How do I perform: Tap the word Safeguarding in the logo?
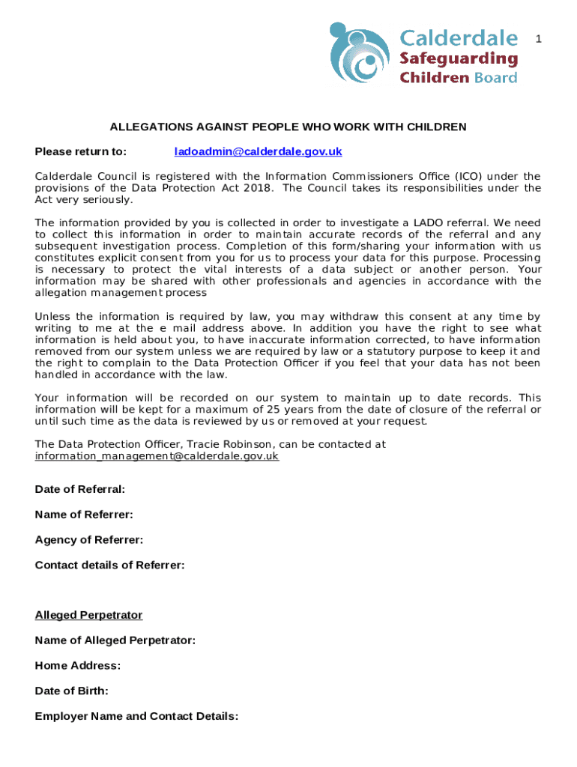tap(458, 58)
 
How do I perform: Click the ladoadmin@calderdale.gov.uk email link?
tap(258, 151)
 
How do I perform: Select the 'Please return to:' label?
tap(81, 151)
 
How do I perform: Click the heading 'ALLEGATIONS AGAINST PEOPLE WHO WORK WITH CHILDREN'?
tap(288, 127)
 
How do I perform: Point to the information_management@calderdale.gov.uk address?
tap(157, 455)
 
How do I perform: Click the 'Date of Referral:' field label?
tap(79, 489)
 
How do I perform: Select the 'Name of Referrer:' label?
tap(84, 515)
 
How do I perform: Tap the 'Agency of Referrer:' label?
tap(88, 540)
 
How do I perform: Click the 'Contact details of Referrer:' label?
tap(109, 566)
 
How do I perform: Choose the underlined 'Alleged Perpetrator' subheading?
tap(88, 615)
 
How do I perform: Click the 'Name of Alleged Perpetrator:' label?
tap(115, 640)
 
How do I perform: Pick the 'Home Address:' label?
tap(77, 666)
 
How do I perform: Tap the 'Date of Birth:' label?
tap(71, 691)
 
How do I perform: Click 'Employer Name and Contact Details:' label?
tap(136, 716)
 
